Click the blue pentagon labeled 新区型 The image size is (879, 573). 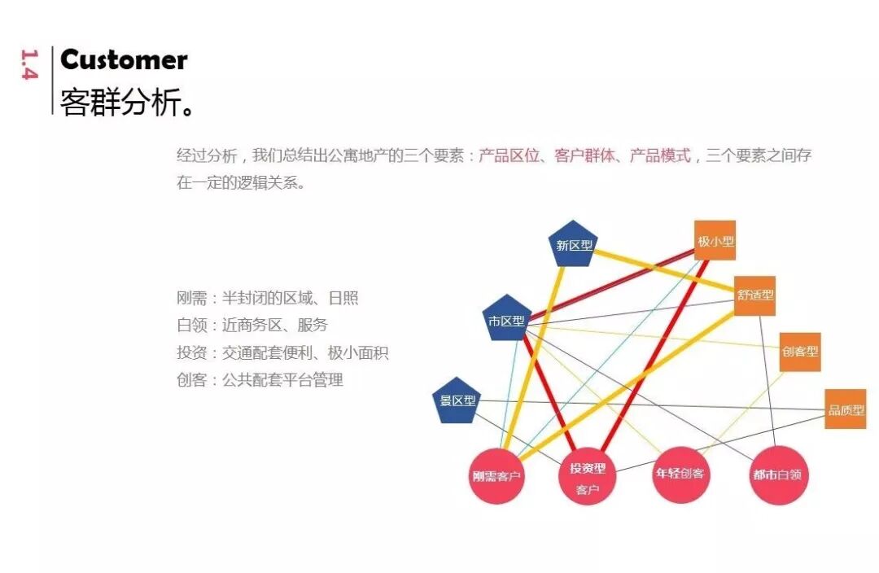574,244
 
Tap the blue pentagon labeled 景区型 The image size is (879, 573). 457,400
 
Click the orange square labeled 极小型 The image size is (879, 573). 715,241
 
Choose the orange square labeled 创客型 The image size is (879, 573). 799,352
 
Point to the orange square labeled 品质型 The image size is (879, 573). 845,409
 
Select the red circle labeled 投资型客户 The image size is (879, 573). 587,476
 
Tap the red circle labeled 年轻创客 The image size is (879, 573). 680,473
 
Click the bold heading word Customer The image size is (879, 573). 124,59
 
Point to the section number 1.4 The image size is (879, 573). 29,65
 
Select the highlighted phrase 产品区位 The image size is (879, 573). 509,155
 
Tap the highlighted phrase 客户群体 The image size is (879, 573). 584,155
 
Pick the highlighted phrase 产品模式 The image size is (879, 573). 660,155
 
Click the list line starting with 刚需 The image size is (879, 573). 267,298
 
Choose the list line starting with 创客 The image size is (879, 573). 260,379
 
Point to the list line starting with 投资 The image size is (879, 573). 282,352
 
